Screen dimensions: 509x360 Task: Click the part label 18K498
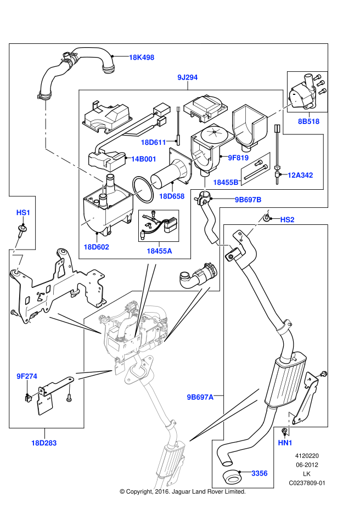[142, 58]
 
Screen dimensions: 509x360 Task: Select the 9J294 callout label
[187, 77]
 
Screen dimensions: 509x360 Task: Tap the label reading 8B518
[308, 121]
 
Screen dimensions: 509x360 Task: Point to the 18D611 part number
[153, 143]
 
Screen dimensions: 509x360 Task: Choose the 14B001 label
[144, 159]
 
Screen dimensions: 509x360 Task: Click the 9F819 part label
[238, 158]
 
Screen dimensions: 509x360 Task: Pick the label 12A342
[300, 176]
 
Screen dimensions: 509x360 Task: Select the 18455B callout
[226, 183]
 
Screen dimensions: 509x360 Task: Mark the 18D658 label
[172, 196]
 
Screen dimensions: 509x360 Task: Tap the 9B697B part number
[248, 200]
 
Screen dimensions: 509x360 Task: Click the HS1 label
[23, 213]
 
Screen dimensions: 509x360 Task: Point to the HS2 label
[287, 220]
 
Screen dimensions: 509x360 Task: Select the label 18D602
[96, 247]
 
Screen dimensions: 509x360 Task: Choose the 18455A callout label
[159, 251]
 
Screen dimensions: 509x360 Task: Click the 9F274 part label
[27, 376]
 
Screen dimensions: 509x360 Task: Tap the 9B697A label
[200, 397]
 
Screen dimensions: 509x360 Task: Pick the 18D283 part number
[44, 443]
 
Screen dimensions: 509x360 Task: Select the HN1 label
[285, 443]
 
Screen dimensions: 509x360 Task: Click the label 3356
[260, 473]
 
